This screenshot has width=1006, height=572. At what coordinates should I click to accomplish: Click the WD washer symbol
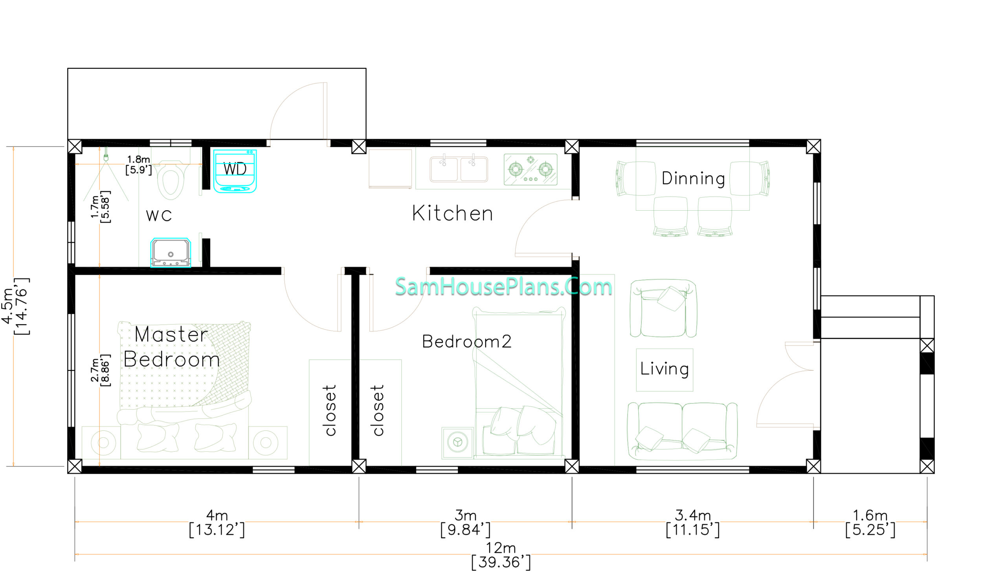(x=235, y=171)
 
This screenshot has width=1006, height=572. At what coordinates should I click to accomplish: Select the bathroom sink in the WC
(x=171, y=253)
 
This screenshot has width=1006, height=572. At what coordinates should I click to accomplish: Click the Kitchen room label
(x=452, y=213)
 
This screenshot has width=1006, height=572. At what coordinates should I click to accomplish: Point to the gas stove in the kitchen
(x=531, y=169)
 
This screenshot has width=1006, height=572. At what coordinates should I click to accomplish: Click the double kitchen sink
(x=459, y=169)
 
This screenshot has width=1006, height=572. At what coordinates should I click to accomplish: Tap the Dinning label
(x=693, y=178)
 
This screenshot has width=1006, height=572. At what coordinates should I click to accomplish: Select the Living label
(x=665, y=369)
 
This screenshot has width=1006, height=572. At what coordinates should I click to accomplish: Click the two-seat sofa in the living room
(x=682, y=431)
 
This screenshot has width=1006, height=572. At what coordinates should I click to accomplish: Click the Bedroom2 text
(x=466, y=342)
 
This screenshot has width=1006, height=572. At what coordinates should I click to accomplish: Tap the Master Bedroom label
(x=171, y=347)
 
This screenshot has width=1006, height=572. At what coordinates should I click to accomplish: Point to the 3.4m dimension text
(x=693, y=515)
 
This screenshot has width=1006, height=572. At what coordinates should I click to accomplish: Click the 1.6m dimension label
(x=870, y=515)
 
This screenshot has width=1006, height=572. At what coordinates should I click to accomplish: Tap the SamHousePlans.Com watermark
(x=503, y=286)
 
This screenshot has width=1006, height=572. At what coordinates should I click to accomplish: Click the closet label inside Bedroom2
(x=377, y=410)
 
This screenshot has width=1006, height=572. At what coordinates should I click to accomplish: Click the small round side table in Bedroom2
(x=457, y=443)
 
